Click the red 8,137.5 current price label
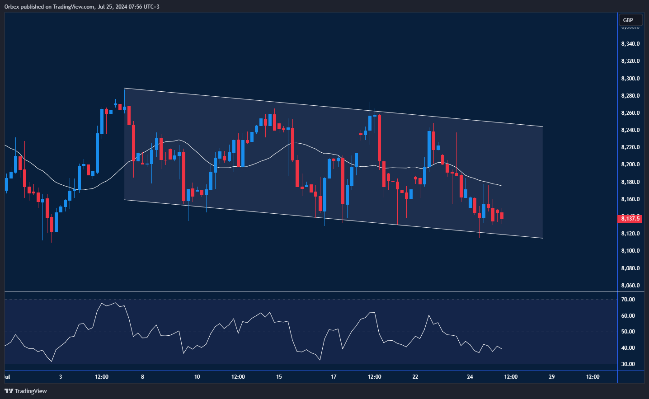click(630, 219)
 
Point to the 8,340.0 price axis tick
click(630, 44)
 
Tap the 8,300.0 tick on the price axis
click(630, 79)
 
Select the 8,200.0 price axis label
click(630, 164)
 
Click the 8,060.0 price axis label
click(630, 286)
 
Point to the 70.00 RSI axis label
click(628, 300)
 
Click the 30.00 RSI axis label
click(628, 364)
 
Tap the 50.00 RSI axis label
click(628, 332)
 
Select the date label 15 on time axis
click(279, 377)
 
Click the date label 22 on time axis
click(415, 377)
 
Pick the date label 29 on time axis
click(552, 377)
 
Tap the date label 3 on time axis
click(61, 377)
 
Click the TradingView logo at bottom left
click(26, 391)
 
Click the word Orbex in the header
click(12, 7)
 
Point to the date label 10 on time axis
click(197, 377)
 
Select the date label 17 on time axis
click(334, 377)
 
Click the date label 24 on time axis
click(470, 377)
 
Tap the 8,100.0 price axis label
click(630, 251)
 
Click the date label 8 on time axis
click(142, 377)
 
